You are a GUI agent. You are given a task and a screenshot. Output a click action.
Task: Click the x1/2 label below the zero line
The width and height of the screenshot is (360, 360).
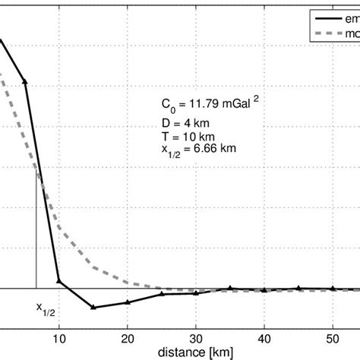point(46,308)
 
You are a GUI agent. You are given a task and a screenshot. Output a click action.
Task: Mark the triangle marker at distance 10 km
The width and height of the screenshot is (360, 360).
point(59,282)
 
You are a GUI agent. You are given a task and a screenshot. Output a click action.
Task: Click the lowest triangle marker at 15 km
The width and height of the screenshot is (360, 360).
point(93,308)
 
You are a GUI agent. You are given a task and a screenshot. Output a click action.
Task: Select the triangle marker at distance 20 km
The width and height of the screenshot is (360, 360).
point(128,302)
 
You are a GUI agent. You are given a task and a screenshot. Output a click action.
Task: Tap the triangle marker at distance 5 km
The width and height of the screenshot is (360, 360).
point(25,79)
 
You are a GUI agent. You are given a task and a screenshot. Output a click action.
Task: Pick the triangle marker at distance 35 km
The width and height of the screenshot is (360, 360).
point(230,288)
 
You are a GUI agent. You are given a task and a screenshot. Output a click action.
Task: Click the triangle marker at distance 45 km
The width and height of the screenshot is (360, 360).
point(298,288)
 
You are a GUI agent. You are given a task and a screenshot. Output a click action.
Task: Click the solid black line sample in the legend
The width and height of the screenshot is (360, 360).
point(328,17)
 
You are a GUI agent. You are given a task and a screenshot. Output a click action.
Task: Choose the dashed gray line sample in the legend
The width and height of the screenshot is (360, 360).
point(328,34)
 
